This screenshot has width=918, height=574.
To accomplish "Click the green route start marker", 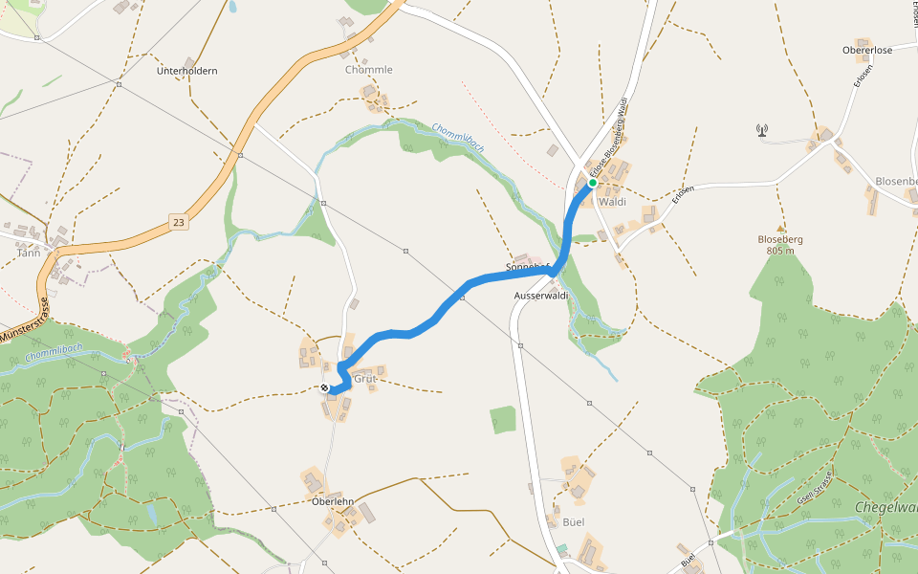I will (x=593, y=182).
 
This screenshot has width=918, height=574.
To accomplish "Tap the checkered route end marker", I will (x=325, y=387).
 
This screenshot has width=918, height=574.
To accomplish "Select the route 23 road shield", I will (x=179, y=222).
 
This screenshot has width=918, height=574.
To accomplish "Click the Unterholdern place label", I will (x=187, y=71).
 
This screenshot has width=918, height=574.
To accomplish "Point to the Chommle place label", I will (x=369, y=70).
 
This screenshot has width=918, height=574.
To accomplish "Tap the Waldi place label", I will (x=612, y=202).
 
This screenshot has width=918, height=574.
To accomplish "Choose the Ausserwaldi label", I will (x=541, y=296).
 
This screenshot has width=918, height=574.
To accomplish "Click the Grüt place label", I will (x=365, y=379).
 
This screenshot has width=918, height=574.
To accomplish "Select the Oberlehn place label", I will (x=333, y=501).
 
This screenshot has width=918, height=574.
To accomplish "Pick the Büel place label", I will (x=574, y=521).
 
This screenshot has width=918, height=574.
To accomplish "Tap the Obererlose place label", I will (x=867, y=50).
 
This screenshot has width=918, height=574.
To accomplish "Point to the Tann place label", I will (x=29, y=253).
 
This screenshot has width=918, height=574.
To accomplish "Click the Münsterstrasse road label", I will (x=24, y=320).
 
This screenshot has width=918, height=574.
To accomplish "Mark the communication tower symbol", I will (x=762, y=130).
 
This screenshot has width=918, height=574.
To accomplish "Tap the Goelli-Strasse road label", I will (x=816, y=489).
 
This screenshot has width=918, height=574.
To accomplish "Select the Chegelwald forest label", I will (x=886, y=507).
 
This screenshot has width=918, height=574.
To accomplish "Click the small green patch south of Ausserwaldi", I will (x=503, y=419).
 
